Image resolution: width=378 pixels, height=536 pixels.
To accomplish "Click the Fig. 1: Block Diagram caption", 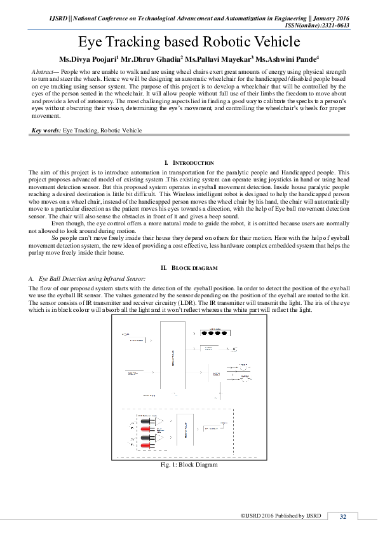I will coord(189,465).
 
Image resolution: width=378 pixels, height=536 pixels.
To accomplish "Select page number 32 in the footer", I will coord(343,516).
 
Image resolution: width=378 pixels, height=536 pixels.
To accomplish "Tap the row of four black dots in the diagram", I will coord(214,332).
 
